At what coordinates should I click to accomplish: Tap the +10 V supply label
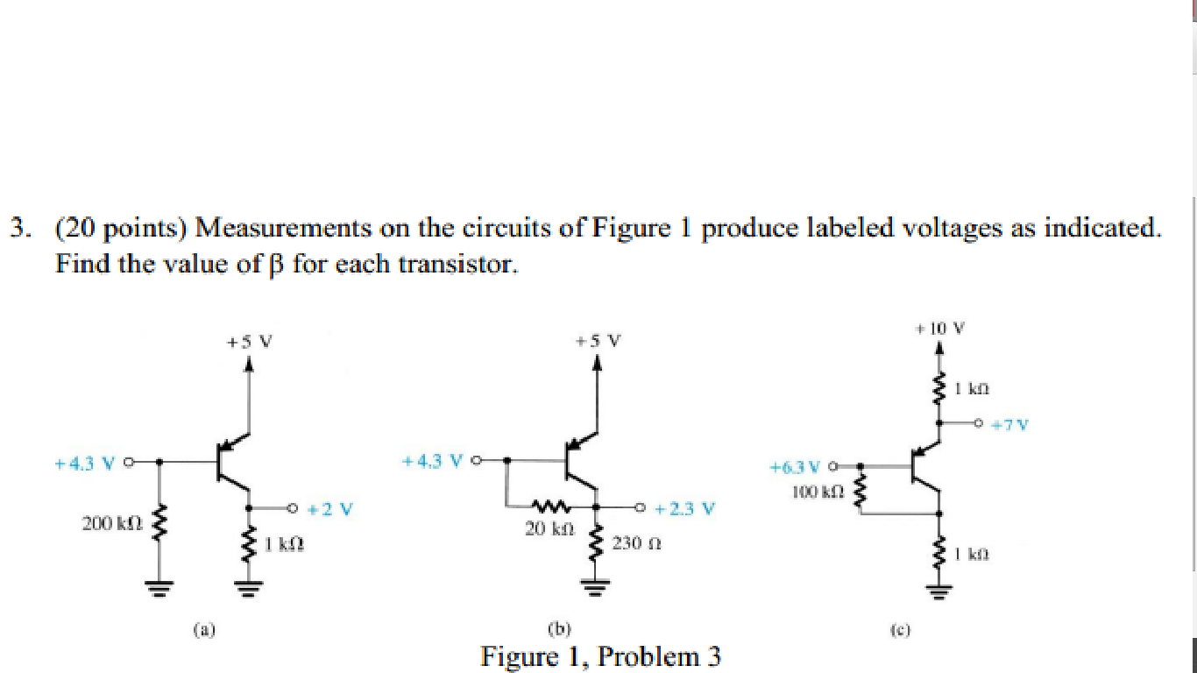pyautogui.click(x=939, y=329)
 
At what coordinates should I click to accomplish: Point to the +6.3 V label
pyautogui.click(x=795, y=467)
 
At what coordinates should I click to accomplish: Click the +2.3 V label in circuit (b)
pyautogui.click(x=684, y=508)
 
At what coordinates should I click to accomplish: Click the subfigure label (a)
pyautogui.click(x=204, y=628)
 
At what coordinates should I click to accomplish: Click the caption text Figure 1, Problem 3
pyautogui.click(x=600, y=656)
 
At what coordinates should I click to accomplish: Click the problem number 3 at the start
pyautogui.click(x=17, y=230)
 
